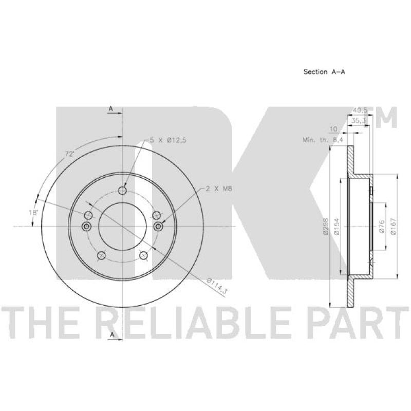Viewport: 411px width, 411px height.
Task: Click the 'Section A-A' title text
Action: [324, 71]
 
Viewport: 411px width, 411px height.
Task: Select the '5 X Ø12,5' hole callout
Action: [167, 140]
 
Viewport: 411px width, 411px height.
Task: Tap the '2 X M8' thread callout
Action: [219, 188]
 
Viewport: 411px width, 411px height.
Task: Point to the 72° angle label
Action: [69, 154]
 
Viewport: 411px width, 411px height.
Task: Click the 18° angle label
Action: [33, 212]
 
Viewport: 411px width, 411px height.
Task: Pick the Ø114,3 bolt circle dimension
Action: [217, 286]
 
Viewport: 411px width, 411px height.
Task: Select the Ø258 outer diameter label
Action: [326, 226]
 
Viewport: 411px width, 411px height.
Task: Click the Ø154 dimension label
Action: [337, 226]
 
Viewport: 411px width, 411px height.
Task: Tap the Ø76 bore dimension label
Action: [381, 226]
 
